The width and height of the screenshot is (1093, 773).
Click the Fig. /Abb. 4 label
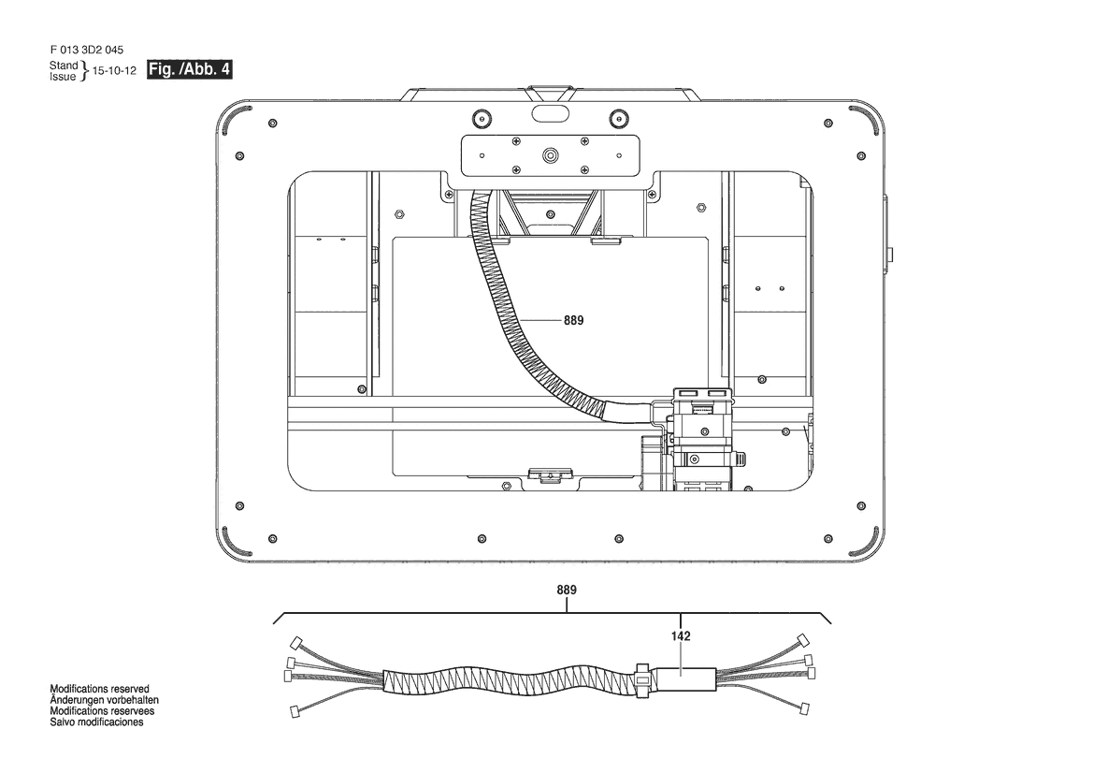tap(189, 70)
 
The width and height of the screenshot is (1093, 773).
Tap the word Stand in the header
tap(64, 66)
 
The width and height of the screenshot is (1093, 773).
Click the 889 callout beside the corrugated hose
tap(573, 320)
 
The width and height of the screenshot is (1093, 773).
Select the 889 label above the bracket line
tap(567, 591)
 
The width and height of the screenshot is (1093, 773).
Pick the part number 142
tap(681, 636)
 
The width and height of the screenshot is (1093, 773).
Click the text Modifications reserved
tap(99, 689)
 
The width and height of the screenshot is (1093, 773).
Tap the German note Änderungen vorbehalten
tap(103, 700)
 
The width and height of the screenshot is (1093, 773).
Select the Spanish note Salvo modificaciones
tap(96, 722)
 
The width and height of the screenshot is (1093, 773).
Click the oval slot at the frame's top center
tap(549, 112)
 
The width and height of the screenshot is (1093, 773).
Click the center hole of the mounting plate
tap(549, 153)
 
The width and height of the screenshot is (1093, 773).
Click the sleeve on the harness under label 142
tap(682, 676)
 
